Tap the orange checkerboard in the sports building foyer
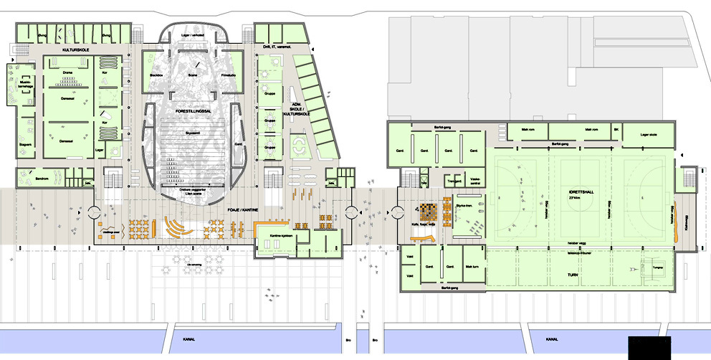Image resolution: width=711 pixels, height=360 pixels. [x=426, y=211]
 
